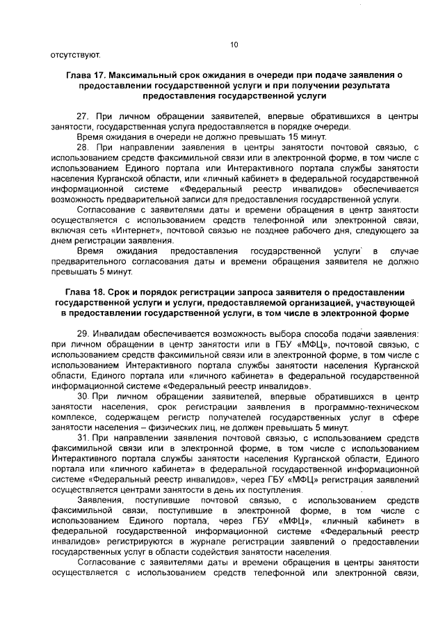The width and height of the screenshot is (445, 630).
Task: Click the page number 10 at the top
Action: [x=234, y=45]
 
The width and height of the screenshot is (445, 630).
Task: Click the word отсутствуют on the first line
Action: [x=76, y=54]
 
